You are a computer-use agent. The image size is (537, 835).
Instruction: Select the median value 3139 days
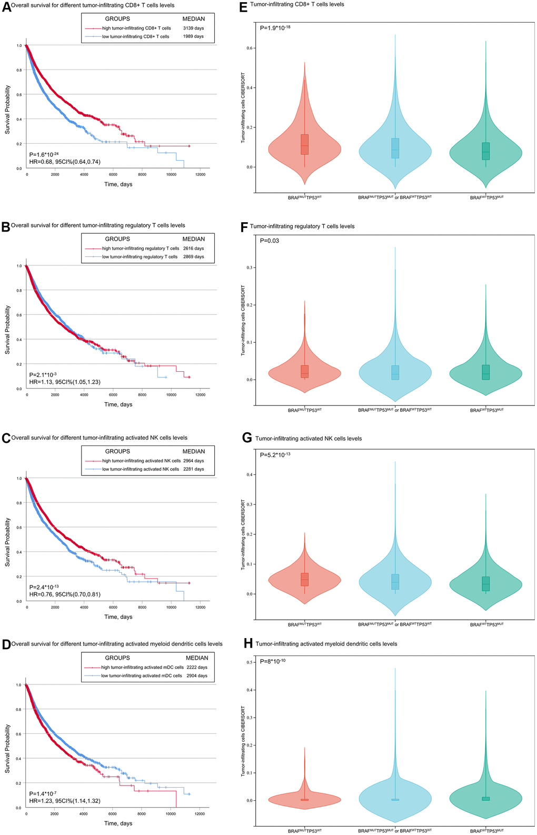193,28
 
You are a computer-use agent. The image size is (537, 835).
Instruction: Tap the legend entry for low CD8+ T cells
135,37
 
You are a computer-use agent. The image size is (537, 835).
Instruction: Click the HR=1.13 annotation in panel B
65,382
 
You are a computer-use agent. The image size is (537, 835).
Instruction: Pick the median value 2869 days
193,257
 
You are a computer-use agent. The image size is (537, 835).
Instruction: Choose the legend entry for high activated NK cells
141,461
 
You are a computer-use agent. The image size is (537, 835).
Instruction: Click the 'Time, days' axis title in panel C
118,617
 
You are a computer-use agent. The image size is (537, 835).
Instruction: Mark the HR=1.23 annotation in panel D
65,801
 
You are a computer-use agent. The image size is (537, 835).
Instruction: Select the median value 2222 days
196,667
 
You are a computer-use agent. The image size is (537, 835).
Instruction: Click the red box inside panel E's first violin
305,144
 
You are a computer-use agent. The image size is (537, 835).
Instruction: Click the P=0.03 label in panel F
270,241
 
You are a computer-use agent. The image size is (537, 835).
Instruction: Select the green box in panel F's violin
485,372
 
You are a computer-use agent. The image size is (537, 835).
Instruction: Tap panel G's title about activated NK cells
309,438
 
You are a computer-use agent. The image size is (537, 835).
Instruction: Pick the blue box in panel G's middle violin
395,582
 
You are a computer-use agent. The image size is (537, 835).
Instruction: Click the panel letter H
248,643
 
